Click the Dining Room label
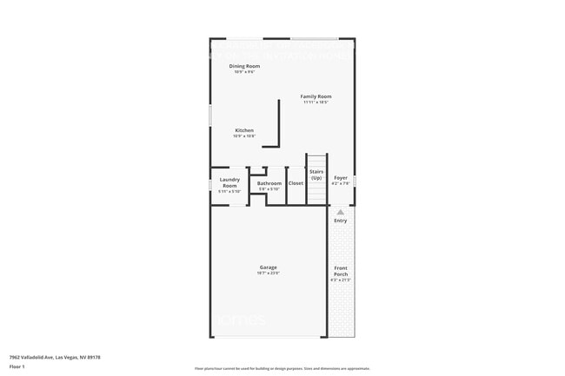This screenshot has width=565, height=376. tap(244, 66)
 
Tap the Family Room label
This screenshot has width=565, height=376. tap(316, 96)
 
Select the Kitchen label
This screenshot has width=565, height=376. tap(244, 130)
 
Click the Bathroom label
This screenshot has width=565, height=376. tap(269, 183)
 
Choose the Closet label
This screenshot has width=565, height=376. tap(296, 183)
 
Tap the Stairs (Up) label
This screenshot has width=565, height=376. tap(316, 175)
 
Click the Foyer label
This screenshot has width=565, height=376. tap(341, 178)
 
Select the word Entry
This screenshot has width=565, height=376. tap(340, 221)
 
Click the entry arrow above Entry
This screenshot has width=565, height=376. tap(340, 212)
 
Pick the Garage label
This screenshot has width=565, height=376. tap(268, 267)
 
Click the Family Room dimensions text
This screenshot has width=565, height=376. tap(316, 102)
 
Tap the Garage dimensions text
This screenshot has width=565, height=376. tap(268, 273)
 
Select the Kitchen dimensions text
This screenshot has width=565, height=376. tap(244, 136)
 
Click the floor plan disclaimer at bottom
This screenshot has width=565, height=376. tap(282, 369)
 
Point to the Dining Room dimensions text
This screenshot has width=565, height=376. tap(244, 72)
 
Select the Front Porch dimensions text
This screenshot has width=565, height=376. tap(340, 280)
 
